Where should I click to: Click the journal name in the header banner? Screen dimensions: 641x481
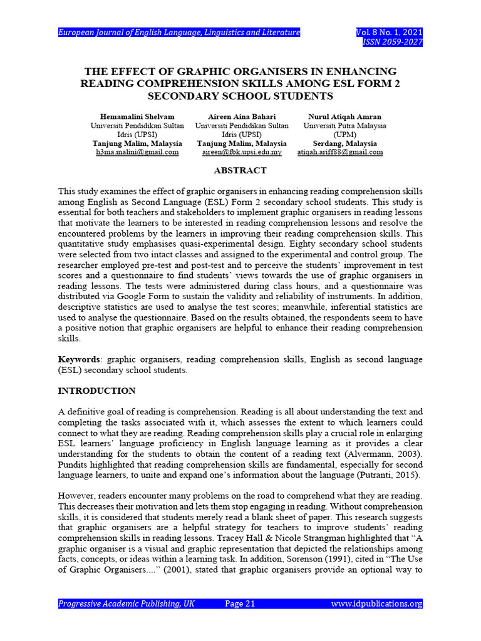point(179,33)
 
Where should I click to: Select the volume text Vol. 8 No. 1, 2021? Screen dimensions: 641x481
point(389,33)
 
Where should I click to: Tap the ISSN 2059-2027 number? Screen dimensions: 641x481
point(393,43)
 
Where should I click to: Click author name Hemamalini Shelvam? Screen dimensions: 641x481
point(137,117)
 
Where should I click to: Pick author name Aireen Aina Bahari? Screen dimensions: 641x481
point(242,117)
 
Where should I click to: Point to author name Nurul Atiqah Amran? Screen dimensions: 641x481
point(345,117)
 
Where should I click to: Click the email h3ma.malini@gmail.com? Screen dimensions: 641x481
point(137,152)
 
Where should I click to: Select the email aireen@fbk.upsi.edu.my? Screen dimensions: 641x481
point(242,152)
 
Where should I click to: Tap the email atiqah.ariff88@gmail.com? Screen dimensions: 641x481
point(340,152)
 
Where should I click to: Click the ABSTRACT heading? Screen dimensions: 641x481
point(240,170)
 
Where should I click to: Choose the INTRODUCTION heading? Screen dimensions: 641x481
point(96,391)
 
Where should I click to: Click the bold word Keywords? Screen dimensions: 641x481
point(79,359)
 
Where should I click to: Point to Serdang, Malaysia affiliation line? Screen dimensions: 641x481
point(345,143)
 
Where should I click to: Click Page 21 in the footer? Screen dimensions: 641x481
point(240,604)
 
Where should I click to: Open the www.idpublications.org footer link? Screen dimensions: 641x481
point(376,604)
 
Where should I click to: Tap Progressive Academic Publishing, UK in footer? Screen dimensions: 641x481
point(127,604)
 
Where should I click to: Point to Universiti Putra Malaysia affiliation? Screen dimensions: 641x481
point(345,126)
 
